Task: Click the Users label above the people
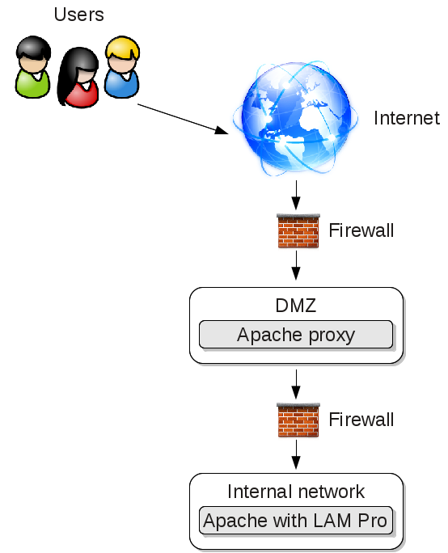click(x=78, y=15)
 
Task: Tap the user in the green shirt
click(x=33, y=67)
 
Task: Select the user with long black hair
click(x=78, y=78)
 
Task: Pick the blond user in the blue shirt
click(x=122, y=67)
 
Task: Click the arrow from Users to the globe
click(x=183, y=119)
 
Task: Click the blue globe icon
click(x=296, y=118)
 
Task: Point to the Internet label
click(x=407, y=118)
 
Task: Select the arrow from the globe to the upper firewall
click(x=296, y=195)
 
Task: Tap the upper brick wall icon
click(x=298, y=230)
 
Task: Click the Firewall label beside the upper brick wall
click(x=361, y=230)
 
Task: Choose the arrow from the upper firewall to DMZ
click(x=296, y=265)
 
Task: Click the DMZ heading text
click(x=296, y=306)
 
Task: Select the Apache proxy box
click(x=296, y=335)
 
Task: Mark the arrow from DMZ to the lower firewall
click(x=296, y=384)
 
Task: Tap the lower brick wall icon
click(x=298, y=420)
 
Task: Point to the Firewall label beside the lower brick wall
click(x=361, y=420)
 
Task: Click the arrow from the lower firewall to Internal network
click(x=296, y=454)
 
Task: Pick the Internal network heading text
click(x=296, y=492)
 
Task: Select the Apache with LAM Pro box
click(x=296, y=521)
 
